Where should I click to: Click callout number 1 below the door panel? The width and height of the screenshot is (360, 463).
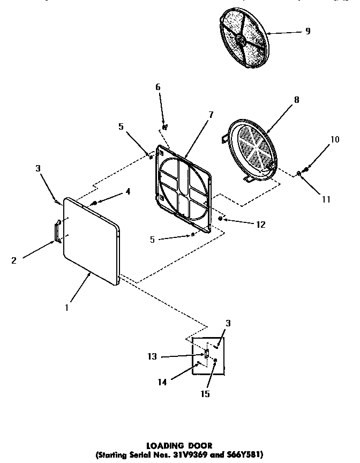coord(66,308)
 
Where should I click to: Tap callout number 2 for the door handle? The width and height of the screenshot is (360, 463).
coord(14,260)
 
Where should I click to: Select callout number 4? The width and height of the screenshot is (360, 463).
coord(128,191)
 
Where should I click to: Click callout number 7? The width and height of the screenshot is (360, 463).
coord(211,114)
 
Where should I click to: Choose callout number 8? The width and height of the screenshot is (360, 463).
coord(296,99)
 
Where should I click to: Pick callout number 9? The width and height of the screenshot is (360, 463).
coord(307,31)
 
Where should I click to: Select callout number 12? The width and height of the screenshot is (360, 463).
coord(260,225)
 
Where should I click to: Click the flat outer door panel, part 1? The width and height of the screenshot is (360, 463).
coord(91,241)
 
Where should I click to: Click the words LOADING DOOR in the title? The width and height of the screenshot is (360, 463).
coord(179,444)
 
